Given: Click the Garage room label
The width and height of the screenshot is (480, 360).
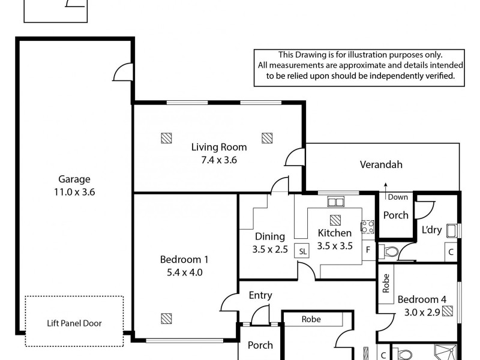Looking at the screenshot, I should click(74, 179).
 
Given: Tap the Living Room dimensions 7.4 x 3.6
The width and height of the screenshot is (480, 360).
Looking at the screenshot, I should click(218, 160).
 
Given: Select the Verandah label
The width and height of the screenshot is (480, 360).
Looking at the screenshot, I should click(381, 164).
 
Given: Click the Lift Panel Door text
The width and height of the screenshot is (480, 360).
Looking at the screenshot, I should click(74, 323).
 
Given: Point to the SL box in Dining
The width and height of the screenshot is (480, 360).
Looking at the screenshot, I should click(302, 252).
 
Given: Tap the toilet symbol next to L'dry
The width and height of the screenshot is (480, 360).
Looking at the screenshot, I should click(390, 251).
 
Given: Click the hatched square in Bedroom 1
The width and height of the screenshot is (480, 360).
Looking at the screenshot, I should click(166, 317).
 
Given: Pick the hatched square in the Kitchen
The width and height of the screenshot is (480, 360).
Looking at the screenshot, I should click(335, 220).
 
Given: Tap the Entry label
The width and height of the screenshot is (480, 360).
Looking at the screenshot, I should click(260, 295).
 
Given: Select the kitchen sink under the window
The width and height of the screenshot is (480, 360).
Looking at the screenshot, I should click(335, 202).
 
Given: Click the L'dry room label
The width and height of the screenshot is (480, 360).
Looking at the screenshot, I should click(431, 230).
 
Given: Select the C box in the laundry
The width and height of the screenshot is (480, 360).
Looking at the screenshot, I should click(450, 252).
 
